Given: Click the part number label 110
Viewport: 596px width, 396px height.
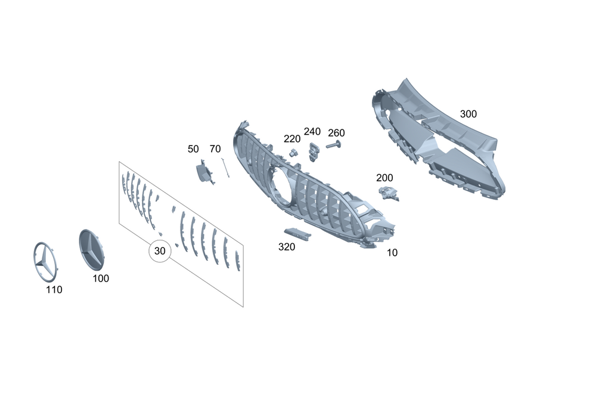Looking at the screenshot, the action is pyautogui.click(x=54, y=290).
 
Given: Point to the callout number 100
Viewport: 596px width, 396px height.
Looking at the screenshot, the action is pyautogui.click(x=101, y=279).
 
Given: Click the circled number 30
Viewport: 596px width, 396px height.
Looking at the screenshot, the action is pyautogui.click(x=160, y=251).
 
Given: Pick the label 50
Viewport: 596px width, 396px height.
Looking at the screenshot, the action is pyautogui.click(x=193, y=149).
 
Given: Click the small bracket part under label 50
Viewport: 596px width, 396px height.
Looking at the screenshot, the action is pyautogui.click(x=204, y=172).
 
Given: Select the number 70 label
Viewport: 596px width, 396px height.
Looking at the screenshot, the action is pyautogui.click(x=215, y=149).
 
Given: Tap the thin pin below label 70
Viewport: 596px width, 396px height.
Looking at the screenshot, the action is pyautogui.click(x=225, y=168).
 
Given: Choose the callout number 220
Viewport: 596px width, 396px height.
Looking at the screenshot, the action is pyautogui.click(x=292, y=139).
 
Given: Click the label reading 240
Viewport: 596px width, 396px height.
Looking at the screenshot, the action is pyautogui.click(x=312, y=132).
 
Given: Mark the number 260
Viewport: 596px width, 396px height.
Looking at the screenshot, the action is pyautogui.click(x=336, y=132).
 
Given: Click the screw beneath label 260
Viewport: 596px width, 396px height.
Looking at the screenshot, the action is pyautogui.click(x=333, y=145).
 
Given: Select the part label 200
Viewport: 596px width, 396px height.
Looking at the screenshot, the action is pyautogui.click(x=384, y=178).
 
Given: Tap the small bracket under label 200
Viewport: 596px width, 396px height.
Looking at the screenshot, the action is pyautogui.click(x=388, y=192).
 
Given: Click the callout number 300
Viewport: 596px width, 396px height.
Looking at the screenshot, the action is pyautogui.click(x=468, y=114).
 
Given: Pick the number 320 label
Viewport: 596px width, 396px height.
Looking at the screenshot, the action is pyautogui.click(x=287, y=247).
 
